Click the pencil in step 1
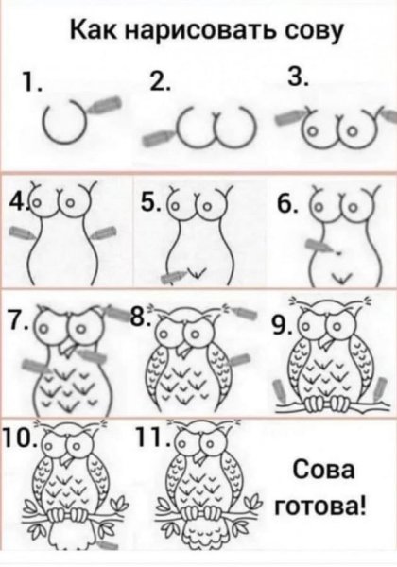coord(106,105)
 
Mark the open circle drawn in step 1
coord(66,121)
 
